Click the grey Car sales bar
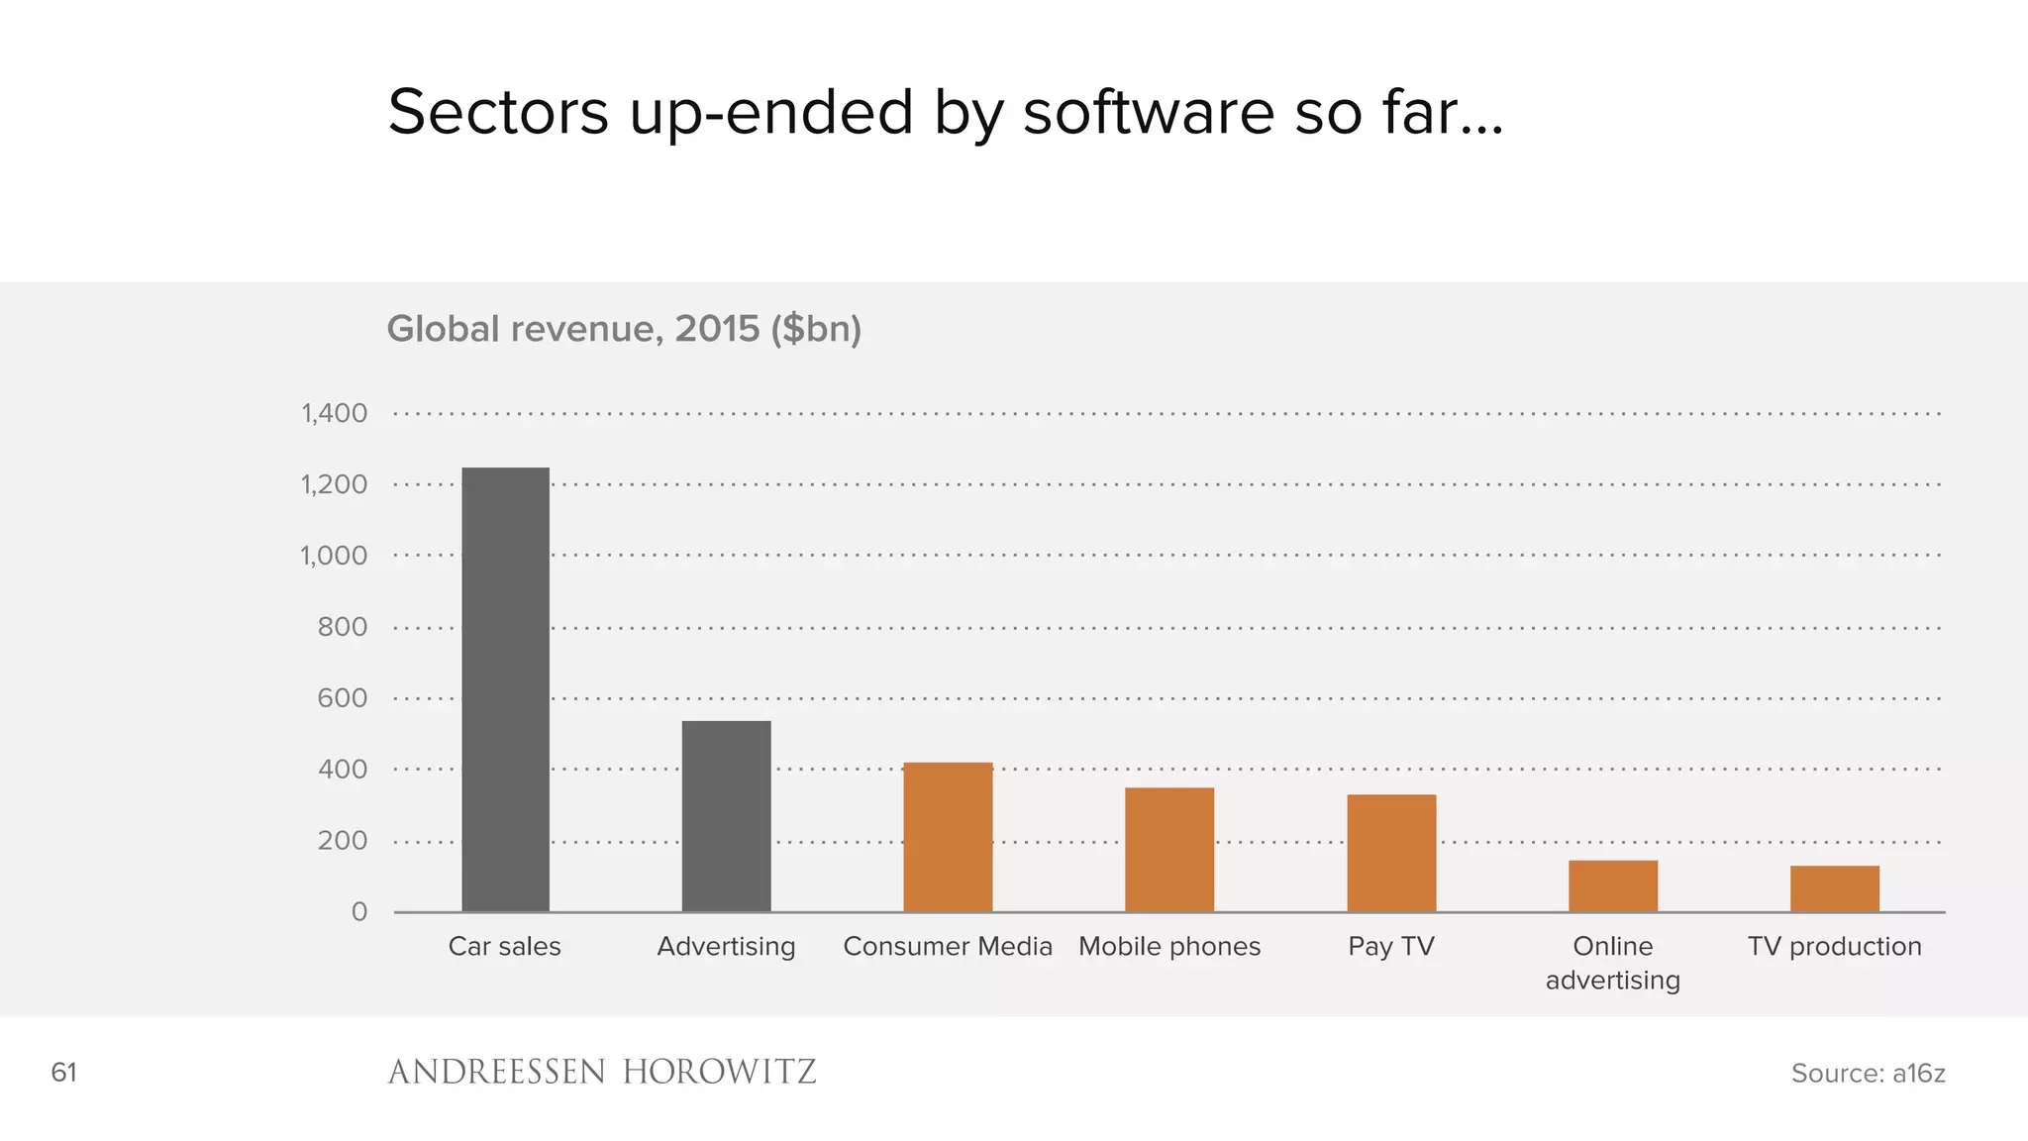[505, 689]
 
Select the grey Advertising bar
[726, 816]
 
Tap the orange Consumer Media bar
[948, 837]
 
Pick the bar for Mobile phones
[1169, 850]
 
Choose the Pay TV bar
[1391, 853]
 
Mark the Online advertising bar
[1613, 885]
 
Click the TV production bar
[1834, 888]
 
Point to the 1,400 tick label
[334, 413]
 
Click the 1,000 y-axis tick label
[334, 556]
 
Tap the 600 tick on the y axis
[342, 698]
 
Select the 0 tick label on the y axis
[358, 911]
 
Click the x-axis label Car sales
[504, 946]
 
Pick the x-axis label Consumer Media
[948, 946]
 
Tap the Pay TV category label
[1391, 946]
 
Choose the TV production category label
[1834, 946]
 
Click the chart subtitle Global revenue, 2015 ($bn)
[624, 329]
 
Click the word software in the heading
[1149, 112]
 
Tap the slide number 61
[63, 1072]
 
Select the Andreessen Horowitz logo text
[602, 1072]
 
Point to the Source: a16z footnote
[1868, 1073]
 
